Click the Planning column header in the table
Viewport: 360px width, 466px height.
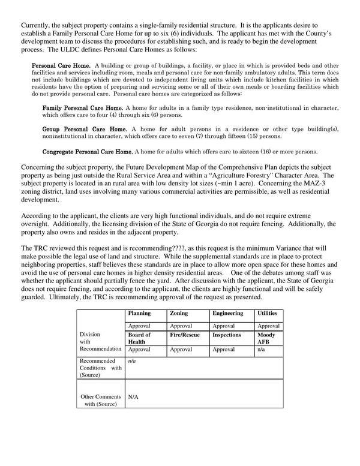click(x=139, y=313)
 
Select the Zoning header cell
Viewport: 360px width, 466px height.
click(x=179, y=313)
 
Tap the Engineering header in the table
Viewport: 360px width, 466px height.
click(x=227, y=313)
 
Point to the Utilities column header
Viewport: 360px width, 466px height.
click(x=268, y=313)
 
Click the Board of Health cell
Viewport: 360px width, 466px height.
click(x=140, y=338)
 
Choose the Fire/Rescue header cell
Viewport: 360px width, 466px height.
click(x=185, y=335)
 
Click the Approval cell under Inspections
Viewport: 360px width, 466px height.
click(x=224, y=348)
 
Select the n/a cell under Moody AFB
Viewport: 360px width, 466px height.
click(x=261, y=348)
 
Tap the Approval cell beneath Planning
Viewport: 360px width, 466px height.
click(x=140, y=325)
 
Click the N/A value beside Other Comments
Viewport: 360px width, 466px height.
click(x=134, y=396)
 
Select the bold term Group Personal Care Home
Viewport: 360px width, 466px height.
click(x=85, y=129)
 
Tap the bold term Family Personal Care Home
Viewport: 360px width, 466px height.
click(x=85, y=107)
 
